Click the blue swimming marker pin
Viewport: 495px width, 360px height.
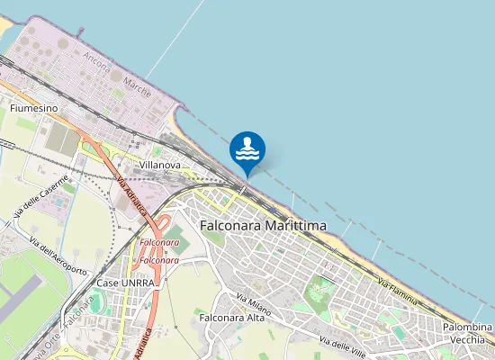247,149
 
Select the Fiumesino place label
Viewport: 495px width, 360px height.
33,108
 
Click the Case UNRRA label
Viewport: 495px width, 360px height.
125,283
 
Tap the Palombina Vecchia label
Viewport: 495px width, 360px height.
468,333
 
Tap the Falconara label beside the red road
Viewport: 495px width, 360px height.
159,243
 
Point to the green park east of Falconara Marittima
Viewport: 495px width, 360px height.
319,291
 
